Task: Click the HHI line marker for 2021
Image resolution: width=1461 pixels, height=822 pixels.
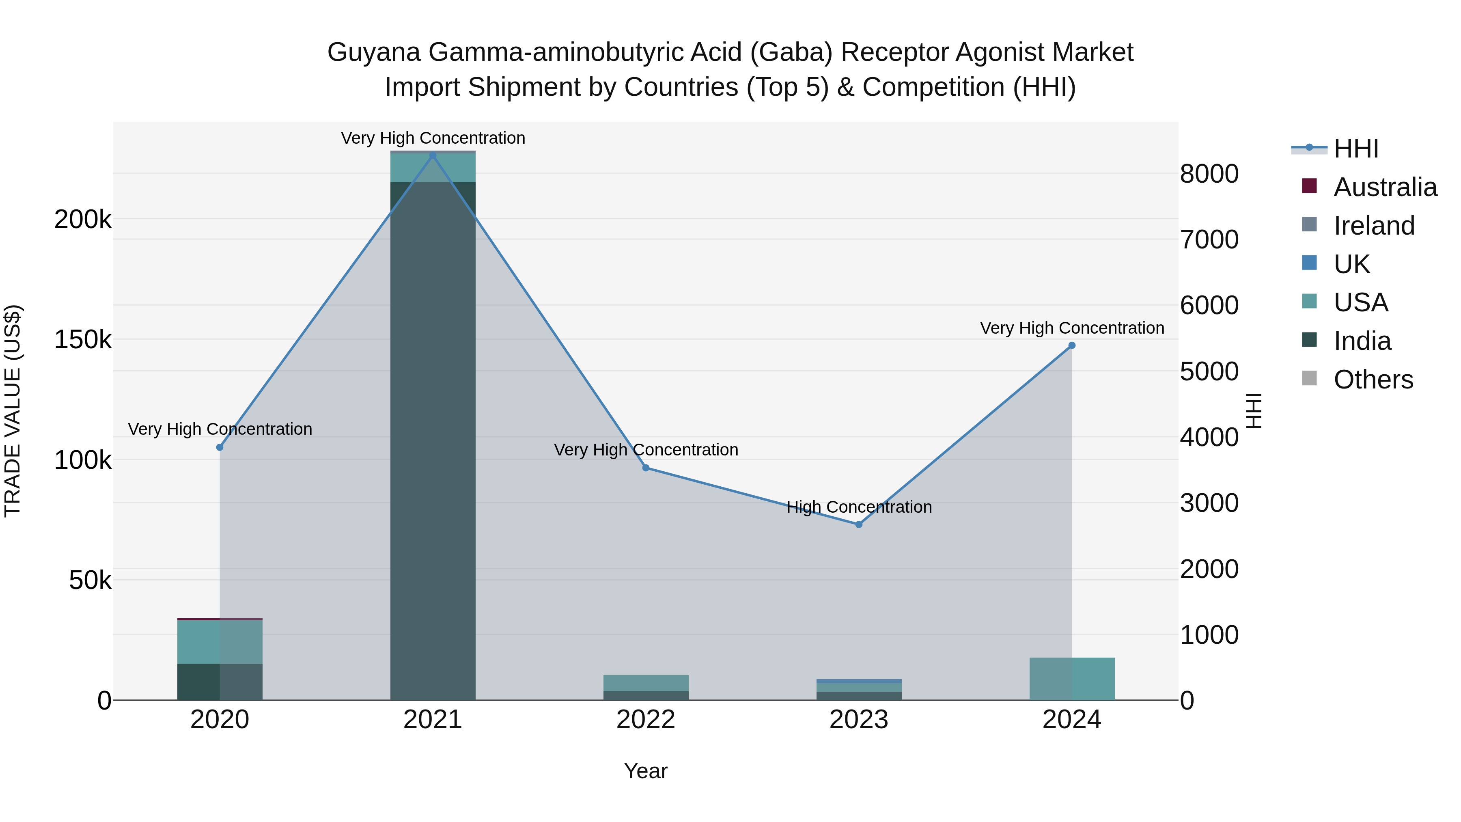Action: click(433, 155)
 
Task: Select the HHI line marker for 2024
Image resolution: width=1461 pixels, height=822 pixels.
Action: click(1071, 345)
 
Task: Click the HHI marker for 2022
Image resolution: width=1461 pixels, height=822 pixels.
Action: click(646, 468)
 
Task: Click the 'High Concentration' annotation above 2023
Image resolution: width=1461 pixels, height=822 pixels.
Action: click(859, 507)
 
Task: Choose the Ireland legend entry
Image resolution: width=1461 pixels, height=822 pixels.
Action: click(1374, 226)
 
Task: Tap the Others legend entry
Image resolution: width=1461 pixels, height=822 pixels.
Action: click(1373, 380)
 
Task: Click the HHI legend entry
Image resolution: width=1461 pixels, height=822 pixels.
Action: click(1355, 149)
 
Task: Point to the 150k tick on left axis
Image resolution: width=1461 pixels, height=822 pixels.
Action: click(83, 340)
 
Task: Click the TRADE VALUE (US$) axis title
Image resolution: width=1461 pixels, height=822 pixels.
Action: click(13, 411)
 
